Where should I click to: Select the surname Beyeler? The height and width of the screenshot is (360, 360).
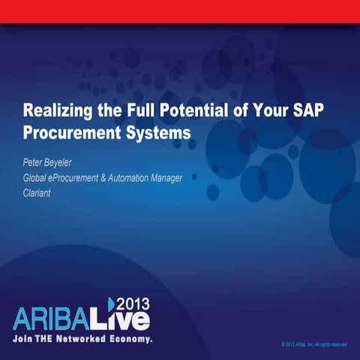point(73,162)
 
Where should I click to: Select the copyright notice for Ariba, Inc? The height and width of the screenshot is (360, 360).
point(315,344)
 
